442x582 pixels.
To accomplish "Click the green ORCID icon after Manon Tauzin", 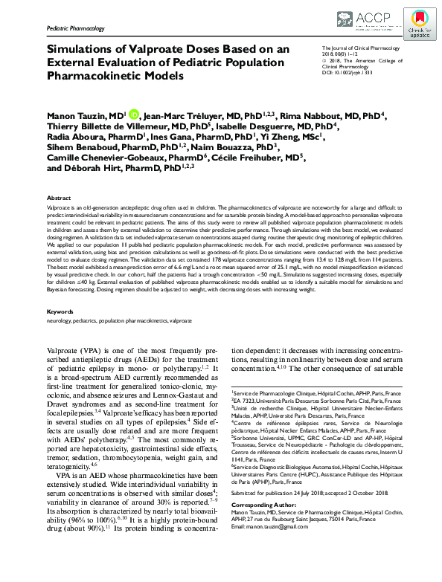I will point(134,114).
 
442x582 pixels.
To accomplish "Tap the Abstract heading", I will point(60,198).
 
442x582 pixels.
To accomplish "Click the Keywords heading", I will point(61,332).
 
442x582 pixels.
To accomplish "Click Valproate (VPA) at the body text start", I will point(77,370).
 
